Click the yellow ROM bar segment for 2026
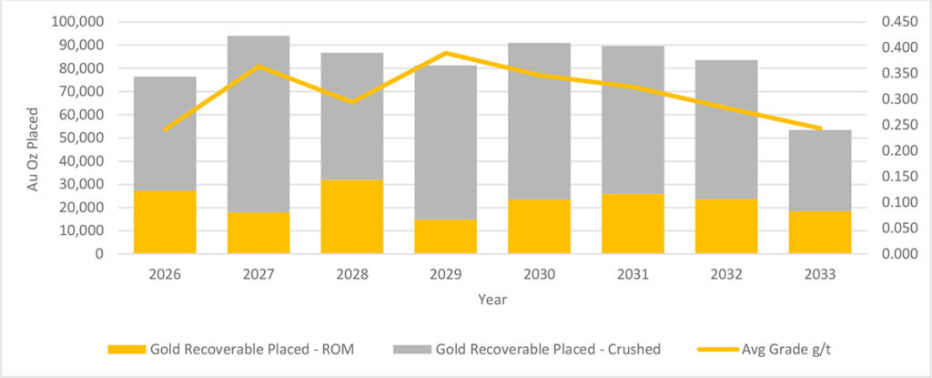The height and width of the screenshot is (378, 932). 165,222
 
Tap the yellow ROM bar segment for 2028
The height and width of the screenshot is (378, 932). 352,217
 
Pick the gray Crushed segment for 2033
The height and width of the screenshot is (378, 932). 820,170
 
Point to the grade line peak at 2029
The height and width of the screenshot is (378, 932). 446,53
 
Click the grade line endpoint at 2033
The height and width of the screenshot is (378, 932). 820,128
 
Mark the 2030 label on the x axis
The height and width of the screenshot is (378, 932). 539,275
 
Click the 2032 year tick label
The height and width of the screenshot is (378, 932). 726,275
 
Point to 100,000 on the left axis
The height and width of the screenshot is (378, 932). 79,23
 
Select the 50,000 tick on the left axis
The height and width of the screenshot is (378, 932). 83,138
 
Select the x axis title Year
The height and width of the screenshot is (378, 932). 492,300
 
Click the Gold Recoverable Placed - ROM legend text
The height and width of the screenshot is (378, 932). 253,350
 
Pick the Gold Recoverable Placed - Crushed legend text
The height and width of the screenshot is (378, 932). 548,350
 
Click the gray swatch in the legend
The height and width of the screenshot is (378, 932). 411,350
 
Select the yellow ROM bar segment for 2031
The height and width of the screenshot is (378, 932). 633,224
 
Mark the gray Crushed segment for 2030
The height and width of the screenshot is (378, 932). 539,121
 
